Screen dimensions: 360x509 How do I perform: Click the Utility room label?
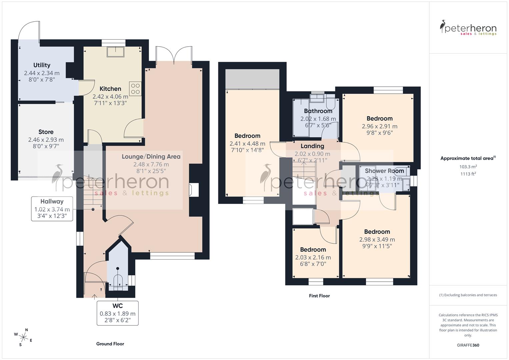[42, 65]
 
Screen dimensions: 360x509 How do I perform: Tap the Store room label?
[46, 132]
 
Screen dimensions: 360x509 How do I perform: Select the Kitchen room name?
[110, 89]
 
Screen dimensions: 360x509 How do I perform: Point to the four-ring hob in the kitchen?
[135, 89]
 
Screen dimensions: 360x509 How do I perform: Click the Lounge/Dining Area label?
[151, 156]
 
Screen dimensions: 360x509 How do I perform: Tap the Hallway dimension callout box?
[52, 209]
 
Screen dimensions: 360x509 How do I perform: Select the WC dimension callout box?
[118, 313]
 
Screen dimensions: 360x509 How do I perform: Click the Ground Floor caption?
[110, 344]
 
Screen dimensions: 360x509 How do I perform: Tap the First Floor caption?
[319, 296]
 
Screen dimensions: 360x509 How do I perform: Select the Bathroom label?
[318, 111]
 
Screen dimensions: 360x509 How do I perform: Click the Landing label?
[312, 146]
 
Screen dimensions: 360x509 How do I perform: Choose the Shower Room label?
[384, 171]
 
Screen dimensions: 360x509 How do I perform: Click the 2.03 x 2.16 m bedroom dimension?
[313, 257]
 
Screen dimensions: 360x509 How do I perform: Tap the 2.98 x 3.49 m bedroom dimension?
[377, 239]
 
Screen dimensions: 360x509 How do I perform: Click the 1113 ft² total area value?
[468, 174]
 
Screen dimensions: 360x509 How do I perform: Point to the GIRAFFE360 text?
[468, 345]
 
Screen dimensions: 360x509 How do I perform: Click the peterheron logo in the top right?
[468, 28]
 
